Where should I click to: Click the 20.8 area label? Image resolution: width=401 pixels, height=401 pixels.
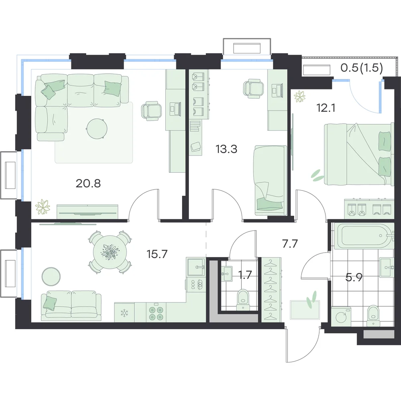click(88, 183)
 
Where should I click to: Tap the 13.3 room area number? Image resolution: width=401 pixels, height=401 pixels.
click(227, 149)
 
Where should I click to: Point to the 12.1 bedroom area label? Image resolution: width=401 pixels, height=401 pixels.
click(326, 108)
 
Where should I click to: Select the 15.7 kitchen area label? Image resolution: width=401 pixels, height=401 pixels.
click(157, 254)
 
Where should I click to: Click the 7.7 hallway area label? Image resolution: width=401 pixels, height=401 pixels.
click(290, 244)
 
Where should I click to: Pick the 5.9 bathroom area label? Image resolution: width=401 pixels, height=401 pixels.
click(354, 277)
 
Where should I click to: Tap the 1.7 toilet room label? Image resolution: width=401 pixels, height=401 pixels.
click(245, 275)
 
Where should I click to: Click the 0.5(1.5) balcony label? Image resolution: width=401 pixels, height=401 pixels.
click(362, 68)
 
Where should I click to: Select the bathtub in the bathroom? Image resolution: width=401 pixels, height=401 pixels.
click(364, 237)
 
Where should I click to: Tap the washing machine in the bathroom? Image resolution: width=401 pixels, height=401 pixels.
click(341, 317)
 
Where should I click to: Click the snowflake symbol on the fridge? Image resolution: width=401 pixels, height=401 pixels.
click(124, 313)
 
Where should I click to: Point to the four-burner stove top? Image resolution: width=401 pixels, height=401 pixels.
click(156, 312)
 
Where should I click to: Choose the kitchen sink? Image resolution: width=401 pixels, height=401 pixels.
click(196, 267)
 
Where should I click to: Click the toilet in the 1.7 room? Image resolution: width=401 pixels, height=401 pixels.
click(243, 300)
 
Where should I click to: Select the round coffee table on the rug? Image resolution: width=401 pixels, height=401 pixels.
click(97, 129)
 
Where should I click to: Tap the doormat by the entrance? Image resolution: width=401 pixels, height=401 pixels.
click(305, 310)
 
